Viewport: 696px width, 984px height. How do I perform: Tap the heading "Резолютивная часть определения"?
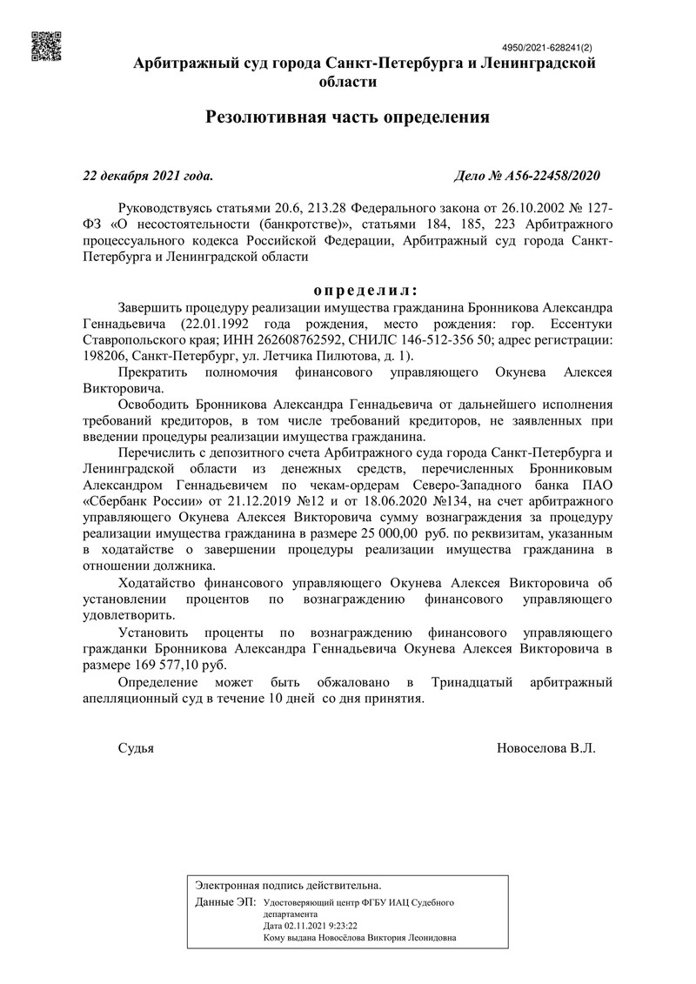coord(348,117)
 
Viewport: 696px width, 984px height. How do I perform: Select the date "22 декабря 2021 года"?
coord(147,176)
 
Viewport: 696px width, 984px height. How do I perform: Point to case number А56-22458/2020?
coord(527,176)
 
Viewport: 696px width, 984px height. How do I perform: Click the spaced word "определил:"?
coord(365,290)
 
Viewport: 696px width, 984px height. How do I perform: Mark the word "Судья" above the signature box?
coord(136,748)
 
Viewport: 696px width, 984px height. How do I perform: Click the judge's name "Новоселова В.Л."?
coord(545,748)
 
